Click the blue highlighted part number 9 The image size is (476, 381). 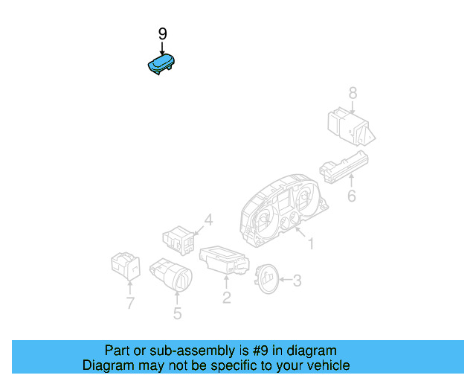click(x=161, y=65)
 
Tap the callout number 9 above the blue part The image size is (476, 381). click(x=163, y=34)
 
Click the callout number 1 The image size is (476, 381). click(x=311, y=243)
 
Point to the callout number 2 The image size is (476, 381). click(x=227, y=298)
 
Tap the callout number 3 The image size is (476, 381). click(x=297, y=281)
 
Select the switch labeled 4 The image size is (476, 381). click(x=179, y=240)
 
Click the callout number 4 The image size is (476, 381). click(x=209, y=220)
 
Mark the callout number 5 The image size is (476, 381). click(x=177, y=313)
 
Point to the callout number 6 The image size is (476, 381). click(x=352, y=196)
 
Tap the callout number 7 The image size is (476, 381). click(x=130, y=303)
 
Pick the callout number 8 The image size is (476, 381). click(x=353, y=93)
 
